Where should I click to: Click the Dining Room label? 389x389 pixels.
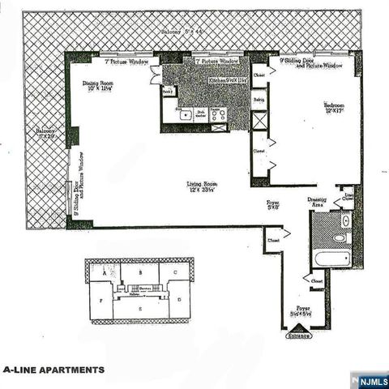(101, 86)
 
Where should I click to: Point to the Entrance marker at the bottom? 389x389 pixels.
(299, 332)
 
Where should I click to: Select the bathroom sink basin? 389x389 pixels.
(344, 220)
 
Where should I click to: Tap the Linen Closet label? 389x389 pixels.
(348, 195)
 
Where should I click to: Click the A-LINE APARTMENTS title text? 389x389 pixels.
(53, 370)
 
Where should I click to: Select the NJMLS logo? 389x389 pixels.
(370, 378)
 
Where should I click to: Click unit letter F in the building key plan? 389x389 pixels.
(100, 299)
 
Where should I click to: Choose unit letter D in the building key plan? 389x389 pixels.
(178, 299)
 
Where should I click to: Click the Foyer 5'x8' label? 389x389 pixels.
(274, 205)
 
